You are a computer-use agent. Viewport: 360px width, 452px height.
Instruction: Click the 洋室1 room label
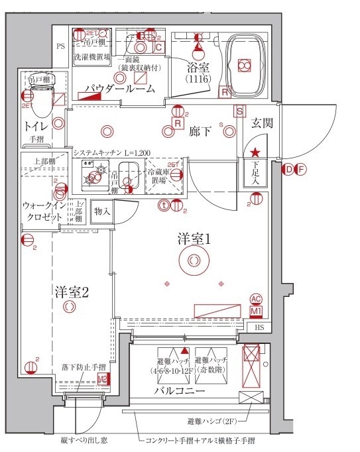193,240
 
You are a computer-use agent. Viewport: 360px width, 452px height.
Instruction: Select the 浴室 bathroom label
197,68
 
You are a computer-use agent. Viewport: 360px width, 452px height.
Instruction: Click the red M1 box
255,310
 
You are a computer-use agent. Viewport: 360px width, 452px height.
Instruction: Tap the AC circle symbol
256,299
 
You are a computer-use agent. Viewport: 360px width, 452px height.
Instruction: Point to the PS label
60,46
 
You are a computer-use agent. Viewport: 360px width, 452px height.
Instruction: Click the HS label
259,326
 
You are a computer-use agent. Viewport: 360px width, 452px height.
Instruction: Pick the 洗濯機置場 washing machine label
91,57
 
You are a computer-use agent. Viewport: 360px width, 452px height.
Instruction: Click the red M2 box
102,379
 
